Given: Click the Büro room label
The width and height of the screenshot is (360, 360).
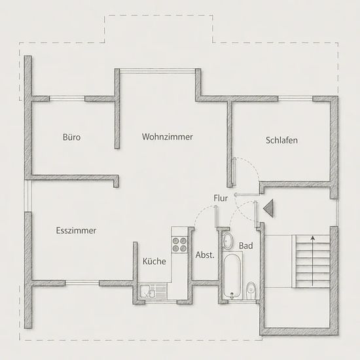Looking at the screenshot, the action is click(x=71, y=137).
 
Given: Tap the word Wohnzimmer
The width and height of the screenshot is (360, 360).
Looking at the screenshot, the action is click(x=168, y=137).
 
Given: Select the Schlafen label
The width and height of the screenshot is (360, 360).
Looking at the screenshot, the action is click(x=281, y=140).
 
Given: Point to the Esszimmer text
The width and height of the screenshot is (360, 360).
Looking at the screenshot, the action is click(x=76, y=230).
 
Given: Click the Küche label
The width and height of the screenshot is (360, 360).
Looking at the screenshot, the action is click(x=154, y=261).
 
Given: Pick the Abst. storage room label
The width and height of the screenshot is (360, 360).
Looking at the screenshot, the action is click(x=205, y=255).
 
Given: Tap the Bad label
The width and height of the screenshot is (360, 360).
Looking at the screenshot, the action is click(x=246, y=245).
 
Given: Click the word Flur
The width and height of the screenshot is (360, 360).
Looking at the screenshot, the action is click(x=221, y=198).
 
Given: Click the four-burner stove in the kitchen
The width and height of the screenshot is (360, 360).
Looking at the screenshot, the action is click(x=179, y=245).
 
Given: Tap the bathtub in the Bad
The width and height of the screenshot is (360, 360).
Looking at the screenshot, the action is click(x=232, y=276).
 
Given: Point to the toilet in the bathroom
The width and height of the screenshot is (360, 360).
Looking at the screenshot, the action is click(x=251, y=291).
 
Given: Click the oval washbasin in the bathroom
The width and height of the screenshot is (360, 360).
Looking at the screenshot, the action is click(x=228, y=241).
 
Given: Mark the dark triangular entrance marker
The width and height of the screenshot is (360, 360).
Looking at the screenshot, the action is click(x=268, y=208).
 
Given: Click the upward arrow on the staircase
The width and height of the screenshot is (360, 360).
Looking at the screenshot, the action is click(x=312, y=261).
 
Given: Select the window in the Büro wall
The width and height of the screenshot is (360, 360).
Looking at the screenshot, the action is click(x=67, y=98).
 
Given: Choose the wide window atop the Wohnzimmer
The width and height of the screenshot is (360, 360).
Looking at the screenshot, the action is click(x=158, y=71).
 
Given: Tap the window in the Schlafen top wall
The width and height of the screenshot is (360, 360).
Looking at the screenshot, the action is click(x=295, y=98).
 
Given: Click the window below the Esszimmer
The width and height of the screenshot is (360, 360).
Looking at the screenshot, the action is click(x=82, y=283).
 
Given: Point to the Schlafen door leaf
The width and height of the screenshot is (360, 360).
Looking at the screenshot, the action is click(x=234, y=171).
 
